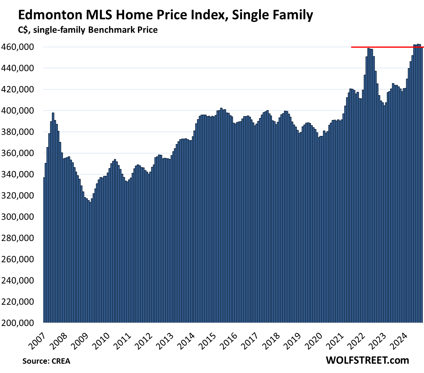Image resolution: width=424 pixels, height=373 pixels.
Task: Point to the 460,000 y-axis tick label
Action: [x=21, y=47]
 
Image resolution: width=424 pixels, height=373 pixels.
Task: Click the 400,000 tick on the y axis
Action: [x=21, y=111]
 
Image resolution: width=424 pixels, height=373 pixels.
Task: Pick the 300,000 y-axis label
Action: [x=21, y=217]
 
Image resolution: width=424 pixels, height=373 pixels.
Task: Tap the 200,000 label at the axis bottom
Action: [x=21, y=323]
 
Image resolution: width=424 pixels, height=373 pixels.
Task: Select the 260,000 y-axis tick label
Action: [x=21, y=259]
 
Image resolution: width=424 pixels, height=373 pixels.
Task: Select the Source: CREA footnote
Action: [x=46, y=361]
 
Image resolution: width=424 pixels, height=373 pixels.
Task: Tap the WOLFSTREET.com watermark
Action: [x=367, y=360]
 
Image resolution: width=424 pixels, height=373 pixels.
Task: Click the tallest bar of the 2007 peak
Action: [x=53, y=210]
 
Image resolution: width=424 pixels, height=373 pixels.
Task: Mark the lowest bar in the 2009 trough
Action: [x=90, y=255]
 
